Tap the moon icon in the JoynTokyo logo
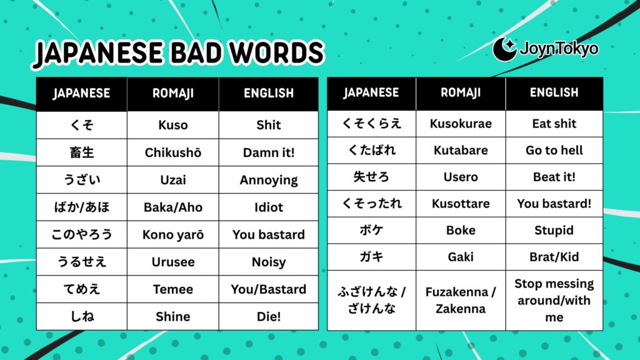(x=504, y=49)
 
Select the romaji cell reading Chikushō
(x=173, y=152)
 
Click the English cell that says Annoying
(x=269, y=180)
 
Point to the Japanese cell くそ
(x=82, y=125)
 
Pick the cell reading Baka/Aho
(x=173, y=207)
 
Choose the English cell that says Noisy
(x=269, y=262)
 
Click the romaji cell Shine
(x=173, y=317)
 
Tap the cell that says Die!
(x=269, y=317)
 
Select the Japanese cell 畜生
(x=82, y=152)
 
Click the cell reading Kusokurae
(x=461, y=124)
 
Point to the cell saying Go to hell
(x=554, y=151)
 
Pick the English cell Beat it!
(x=554, y=177)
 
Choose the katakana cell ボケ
(x=371, y=230)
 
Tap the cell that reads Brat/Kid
(x=554, y=257)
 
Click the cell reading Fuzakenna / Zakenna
(x=461, y=300)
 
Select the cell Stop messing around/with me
(x=554, y=300)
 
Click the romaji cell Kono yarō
(x=173, y=235)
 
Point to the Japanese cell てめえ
(x=82, y=289)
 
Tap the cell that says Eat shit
(x=554, y=124)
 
